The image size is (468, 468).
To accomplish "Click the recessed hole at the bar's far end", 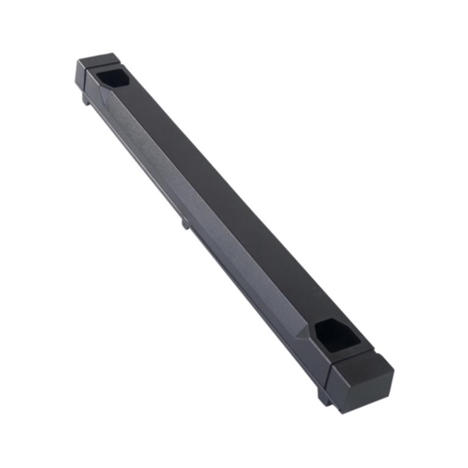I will coord(110,78).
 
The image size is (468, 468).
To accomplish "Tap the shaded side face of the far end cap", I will coord(80,76).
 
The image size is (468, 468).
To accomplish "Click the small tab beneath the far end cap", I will coord(87,99).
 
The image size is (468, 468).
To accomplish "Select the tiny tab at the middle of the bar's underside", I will coord(185,224).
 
